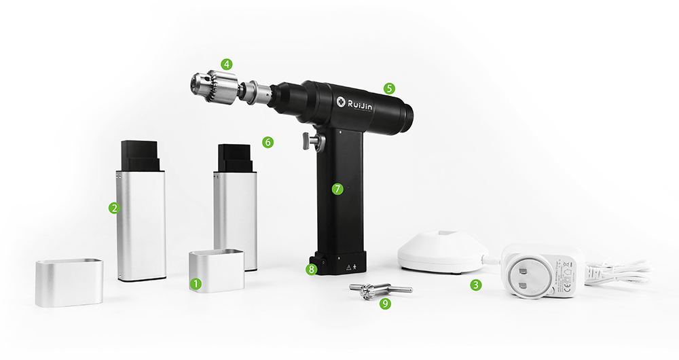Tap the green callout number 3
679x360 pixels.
[x=477, y=285]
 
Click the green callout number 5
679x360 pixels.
[x=389, y=88]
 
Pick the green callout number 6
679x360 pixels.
[x=268, y=143]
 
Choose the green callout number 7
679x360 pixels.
[x=337, y=189]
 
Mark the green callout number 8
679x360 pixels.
[x=312, y=270]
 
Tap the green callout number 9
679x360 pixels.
[x=386, y=304]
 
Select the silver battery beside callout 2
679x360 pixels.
[x=141, y=224]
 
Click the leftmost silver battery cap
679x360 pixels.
[x=69, y=281]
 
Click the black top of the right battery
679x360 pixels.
[x=234, y=158]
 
